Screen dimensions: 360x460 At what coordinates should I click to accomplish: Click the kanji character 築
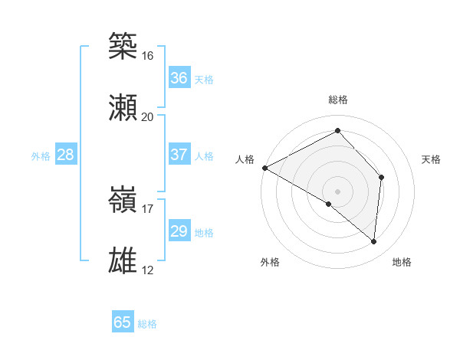123,47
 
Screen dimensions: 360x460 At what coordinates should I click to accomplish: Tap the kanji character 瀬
123,108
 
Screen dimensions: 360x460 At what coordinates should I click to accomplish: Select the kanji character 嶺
123,200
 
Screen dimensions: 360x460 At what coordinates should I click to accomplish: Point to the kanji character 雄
123,261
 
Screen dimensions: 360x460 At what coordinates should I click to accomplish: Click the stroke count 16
147,56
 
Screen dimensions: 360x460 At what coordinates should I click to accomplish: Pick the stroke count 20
147,117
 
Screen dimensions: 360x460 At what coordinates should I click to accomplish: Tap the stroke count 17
147,209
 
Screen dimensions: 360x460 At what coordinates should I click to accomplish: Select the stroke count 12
147,270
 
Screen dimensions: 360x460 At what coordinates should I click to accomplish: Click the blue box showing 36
179,78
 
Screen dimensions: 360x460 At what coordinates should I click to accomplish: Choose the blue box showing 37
179,155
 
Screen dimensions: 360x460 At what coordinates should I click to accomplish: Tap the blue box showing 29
179,231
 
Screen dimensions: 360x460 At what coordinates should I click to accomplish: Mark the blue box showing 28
66,155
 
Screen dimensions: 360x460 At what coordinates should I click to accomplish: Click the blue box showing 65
123,322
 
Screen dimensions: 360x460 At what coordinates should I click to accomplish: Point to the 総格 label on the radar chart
337,100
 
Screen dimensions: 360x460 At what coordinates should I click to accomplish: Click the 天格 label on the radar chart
432,159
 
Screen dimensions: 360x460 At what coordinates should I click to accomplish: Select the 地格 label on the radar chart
402,262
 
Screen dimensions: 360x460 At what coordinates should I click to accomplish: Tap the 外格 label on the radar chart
270,262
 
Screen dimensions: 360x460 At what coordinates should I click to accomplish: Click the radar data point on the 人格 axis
264,168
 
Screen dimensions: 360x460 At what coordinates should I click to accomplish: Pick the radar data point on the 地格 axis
373,241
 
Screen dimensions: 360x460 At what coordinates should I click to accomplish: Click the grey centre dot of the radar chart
337,191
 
